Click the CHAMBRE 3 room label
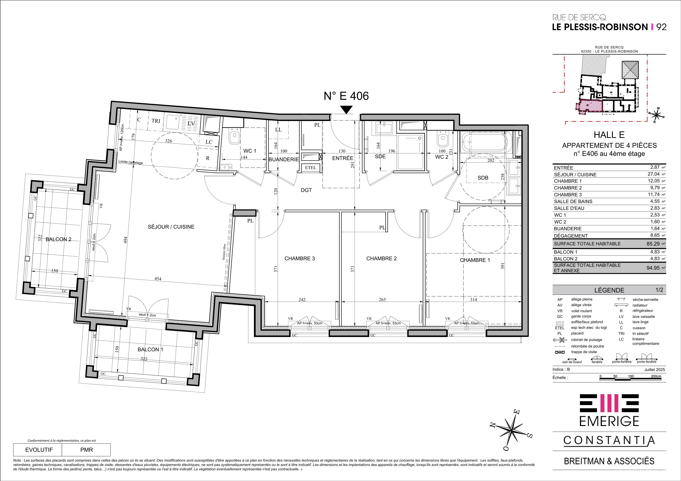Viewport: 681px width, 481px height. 300,258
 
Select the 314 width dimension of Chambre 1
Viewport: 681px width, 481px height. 473,300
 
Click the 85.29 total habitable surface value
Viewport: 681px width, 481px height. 653,244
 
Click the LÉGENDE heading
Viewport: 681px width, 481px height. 609,290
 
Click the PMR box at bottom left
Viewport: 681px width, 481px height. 86,450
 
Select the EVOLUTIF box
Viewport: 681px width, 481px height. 39,450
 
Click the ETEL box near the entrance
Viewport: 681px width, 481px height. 310,167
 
